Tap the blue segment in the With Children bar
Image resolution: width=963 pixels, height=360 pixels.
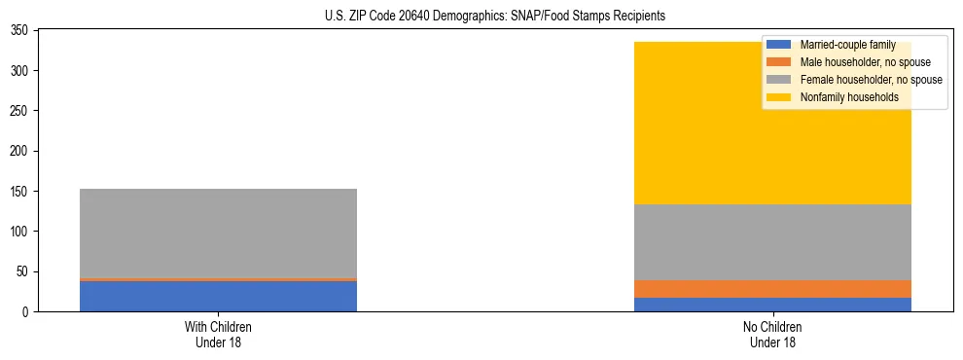coord(218,296)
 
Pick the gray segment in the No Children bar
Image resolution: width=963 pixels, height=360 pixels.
coord(772,242)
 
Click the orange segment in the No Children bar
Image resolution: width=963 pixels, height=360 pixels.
coord(772,289)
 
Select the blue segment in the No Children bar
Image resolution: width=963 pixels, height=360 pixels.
coord(772,305)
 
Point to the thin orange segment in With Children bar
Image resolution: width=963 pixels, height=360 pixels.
coord(218,279)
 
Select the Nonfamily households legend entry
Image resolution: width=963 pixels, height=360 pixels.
coord(842,97)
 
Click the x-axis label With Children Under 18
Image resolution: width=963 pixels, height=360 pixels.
coord(218,334)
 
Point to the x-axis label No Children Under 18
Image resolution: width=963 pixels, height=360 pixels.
coord(772,334)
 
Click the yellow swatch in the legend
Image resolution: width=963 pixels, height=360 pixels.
coord(778,97)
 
